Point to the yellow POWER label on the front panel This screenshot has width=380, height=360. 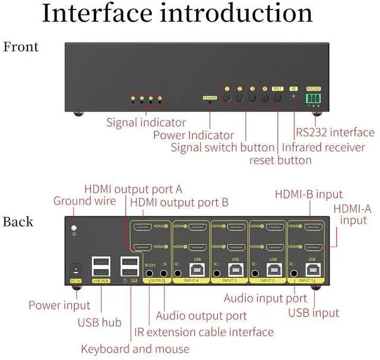[x=210, y=97]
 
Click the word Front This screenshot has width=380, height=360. [x=21, y=47]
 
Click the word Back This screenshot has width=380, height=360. [x=18, y=222]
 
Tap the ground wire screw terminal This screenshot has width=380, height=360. [x=75, y=228]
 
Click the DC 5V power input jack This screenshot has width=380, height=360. [x=75, y=269]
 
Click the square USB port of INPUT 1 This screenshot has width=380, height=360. [x=310, y=270]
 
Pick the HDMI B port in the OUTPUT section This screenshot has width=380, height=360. [x=142, y=226]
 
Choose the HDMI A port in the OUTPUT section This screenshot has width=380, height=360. [x=142, y=247]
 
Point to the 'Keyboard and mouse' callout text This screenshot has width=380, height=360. [x=135, y=349]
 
